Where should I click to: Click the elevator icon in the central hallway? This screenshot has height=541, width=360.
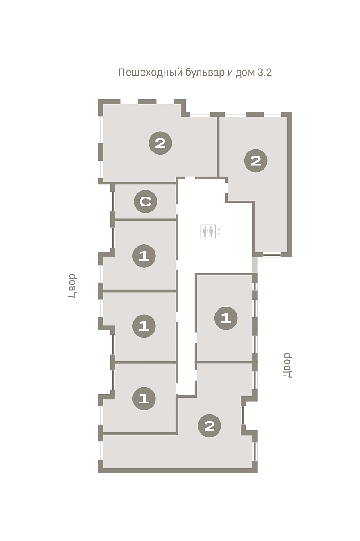tap(208, 231)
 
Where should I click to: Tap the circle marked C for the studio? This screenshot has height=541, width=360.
tap(146, 202)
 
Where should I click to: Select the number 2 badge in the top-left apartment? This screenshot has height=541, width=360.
tap(160, 143)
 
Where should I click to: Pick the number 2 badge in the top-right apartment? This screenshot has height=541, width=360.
tap(255, 160)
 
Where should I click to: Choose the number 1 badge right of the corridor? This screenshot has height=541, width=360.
tap(226, 318)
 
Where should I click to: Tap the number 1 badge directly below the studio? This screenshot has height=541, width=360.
tap(144, 256)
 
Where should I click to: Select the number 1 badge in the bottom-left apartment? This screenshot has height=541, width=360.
tap(144, 399)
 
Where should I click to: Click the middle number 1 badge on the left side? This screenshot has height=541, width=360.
tap(144, 326)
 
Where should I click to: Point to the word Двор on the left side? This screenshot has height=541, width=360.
tap(73, 286)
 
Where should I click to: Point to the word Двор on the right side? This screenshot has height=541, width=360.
tap(287, 365)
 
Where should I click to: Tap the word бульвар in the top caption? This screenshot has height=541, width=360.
tap(205, 73)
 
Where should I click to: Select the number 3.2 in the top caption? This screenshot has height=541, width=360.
tap(264, 73)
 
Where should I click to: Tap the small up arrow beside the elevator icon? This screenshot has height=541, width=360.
tap(219, 229)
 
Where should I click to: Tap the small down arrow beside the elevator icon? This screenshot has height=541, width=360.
tap(219, 234)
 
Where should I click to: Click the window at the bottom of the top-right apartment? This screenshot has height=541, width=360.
tap(272, 255)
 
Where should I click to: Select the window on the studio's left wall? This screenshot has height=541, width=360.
tap(112, 202)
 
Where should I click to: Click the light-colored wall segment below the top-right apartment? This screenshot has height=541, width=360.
tap(255, 265)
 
